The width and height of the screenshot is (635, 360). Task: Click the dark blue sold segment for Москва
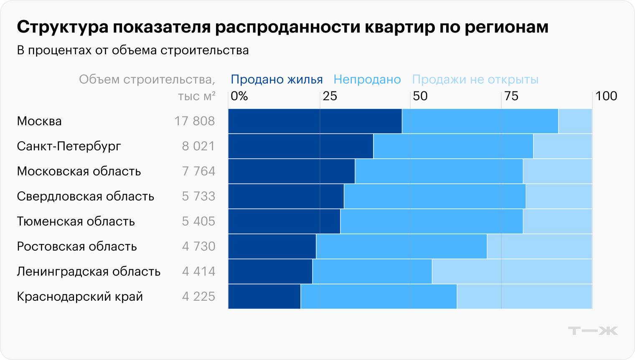coord(315,121)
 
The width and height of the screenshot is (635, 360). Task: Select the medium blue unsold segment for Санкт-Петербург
coord(453,146)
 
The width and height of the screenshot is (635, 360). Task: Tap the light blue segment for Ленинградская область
coord(512,271)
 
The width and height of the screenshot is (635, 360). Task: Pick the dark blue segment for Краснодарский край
coord(264,297)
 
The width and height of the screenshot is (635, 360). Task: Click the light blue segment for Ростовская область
coord(539,246)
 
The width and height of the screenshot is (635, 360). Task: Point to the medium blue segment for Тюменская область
coord(432,221)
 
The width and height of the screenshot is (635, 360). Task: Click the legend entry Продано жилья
coord(277,79)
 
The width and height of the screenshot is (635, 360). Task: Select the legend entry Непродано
coord(367,79)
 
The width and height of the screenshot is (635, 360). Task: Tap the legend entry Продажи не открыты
coord(475,79)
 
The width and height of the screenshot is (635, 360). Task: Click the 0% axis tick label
coord(239,96)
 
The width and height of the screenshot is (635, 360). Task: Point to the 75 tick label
coord(511,96)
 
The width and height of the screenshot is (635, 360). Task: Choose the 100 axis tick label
coord(606,96)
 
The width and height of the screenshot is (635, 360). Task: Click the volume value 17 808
coord(194,121)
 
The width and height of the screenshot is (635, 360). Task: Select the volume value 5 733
coord(198,196)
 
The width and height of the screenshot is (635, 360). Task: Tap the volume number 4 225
coord(198,297)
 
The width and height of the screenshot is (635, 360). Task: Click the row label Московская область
coord(79,171)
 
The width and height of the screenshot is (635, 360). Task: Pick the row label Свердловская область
coord(86,196)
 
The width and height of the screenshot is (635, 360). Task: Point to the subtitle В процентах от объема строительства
coord(133,51)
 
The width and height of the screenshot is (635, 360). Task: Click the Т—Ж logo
coord(592,331)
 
